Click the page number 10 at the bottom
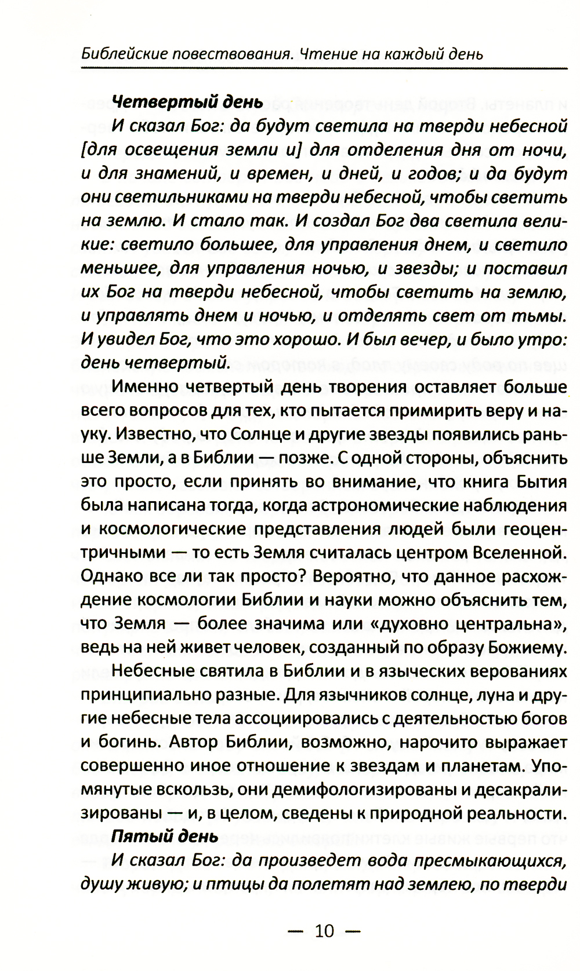pyautogui.click(x=325, y=931)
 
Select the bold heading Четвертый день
pyautogui.click(x=187, y=102)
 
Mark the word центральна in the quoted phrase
pyautogui.click(x=506, y=624)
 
